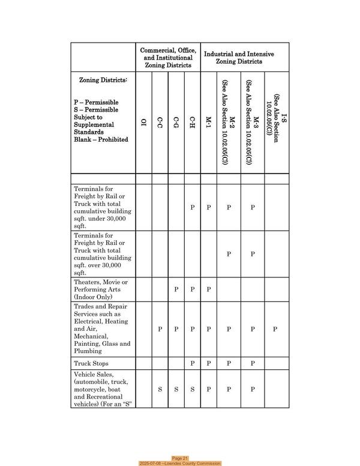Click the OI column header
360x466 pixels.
[144, 124]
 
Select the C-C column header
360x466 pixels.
[160, 124]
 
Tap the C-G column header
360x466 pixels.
[176, 124]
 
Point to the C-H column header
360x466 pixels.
[193, 124]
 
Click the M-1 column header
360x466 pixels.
[209, 124]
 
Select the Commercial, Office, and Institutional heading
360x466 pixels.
[168, 58]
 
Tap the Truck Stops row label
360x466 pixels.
[91, 363]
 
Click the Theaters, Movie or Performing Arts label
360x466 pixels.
[101, 289]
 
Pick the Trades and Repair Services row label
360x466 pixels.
[102, 329]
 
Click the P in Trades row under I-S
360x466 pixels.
[275, 329]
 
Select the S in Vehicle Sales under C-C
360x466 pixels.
[160, 389]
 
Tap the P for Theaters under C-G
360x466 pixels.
[176, 289]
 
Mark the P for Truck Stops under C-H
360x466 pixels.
[193, 363]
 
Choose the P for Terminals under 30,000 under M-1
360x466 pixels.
[209, 207]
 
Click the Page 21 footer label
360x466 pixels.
[180, 458]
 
